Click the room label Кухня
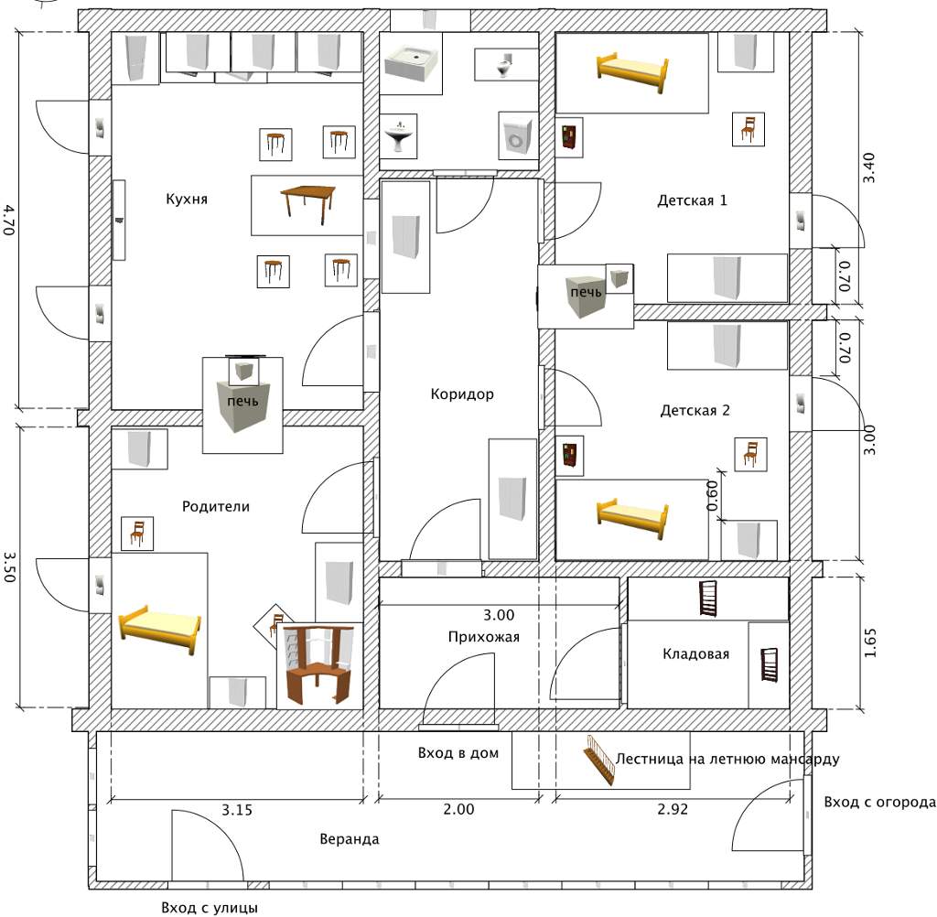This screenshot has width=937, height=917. pos(187,199)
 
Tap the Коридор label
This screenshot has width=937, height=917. pos(462,394)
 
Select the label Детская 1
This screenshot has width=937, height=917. pos(692,200)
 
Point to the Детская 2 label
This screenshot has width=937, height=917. pos(695,411)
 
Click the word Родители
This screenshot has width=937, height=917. pos(215,506)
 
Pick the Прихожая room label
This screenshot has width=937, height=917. pos(484,637)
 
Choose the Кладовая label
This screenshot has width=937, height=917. pos(695,653)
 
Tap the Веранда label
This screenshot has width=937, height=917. pos(350,839)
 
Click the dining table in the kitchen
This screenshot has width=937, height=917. pos(307,201)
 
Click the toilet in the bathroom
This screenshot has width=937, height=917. pos(503,64)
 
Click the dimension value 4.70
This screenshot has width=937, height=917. pos(9,221)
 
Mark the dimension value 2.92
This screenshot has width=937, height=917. pos(673,809)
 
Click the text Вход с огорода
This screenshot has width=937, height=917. pos(879,803)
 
